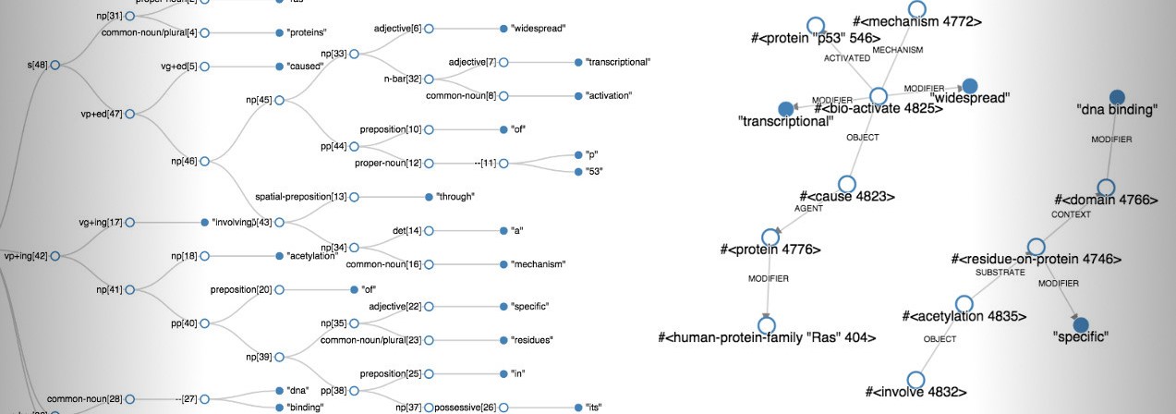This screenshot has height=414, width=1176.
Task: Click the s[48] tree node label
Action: (x=38, y=65)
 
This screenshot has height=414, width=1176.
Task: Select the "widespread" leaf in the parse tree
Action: (x=540, y=30)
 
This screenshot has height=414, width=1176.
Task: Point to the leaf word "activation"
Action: (x=614, y=95)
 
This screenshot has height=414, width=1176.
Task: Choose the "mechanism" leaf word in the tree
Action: (x=538, y=264)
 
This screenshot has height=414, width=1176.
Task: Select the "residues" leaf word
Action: (x=532, y=340)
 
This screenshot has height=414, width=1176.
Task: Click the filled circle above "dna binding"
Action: (x=1117, y=96)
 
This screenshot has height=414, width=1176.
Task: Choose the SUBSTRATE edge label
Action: (x=1000, y=273)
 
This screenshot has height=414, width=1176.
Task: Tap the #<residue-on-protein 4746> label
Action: (x=1036, y=260)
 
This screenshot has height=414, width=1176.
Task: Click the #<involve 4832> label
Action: (x=916, y=392)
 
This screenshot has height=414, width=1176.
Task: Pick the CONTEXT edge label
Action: (x=1071, y=214)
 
